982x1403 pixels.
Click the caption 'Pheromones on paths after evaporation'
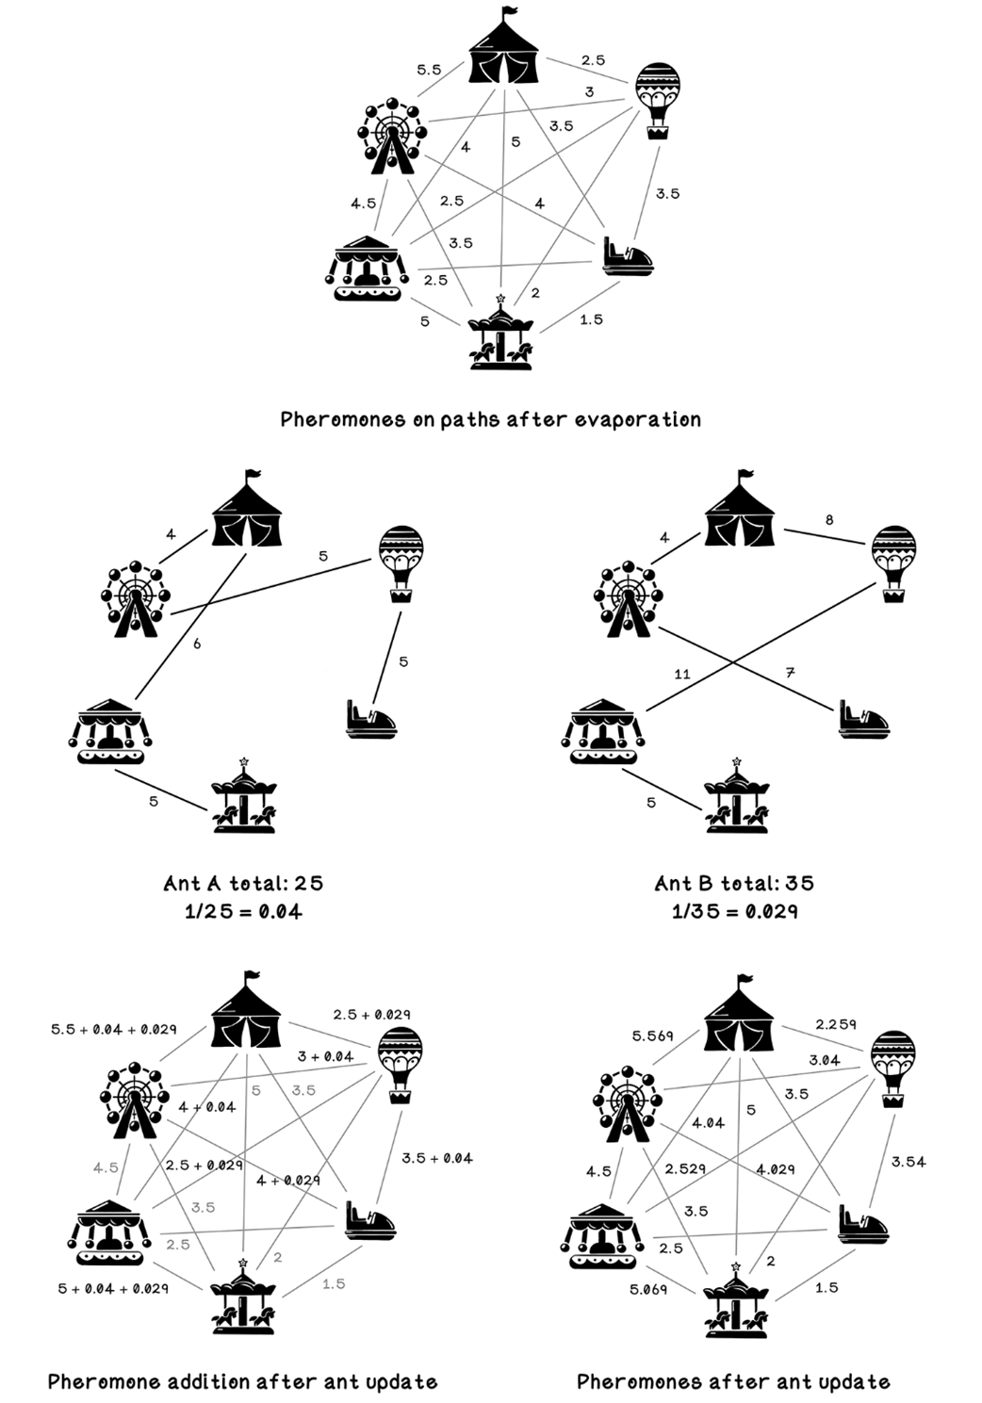(x=490, y=419)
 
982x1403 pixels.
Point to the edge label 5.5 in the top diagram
(x=429, y=70)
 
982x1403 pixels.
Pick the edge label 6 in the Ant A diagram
(x=197, y=644)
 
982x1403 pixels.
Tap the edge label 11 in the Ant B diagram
(x=682, y=674)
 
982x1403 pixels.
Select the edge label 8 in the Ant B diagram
(x=828, y=519)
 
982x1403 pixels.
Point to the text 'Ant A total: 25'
(x=243, y=883)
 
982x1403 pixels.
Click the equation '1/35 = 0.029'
(x=734, y=911)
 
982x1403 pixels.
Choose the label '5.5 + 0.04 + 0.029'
(x=114, y=1029)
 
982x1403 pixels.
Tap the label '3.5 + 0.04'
(x=436, y=1158)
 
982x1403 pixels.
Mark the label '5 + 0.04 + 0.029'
(x=113, y=1288)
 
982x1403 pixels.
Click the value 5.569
(x=653, y=1036)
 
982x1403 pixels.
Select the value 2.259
(x=836, y=1024)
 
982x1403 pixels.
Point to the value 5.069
(x=647, y=1288)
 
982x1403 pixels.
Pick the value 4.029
(x=775, y=1169)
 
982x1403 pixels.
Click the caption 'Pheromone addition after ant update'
(x=242, y=1381)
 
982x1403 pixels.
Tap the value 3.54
(x=908, y=1162)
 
